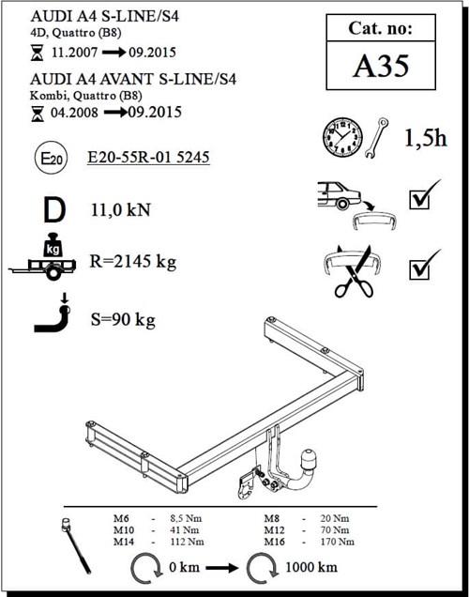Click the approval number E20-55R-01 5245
coord(147,160)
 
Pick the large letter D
coord(52,209)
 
